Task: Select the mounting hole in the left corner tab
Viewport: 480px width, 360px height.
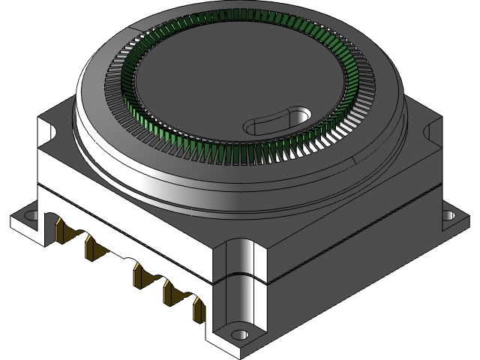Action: pyautogui.click(x=31, y=215)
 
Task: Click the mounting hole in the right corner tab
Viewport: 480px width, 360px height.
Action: pyautogui.click(x=447, y=215)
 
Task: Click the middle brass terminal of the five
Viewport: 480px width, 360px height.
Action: pyautogui.click(x=139, y=273)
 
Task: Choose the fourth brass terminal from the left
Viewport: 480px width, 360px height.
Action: pyautogui.click(x=169, y=292)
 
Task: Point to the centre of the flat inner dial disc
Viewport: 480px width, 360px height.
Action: pyautogui.click(x=225, y=82)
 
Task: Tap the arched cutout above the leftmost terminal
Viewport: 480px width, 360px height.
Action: pyautogui.click(x=55, y=219)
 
